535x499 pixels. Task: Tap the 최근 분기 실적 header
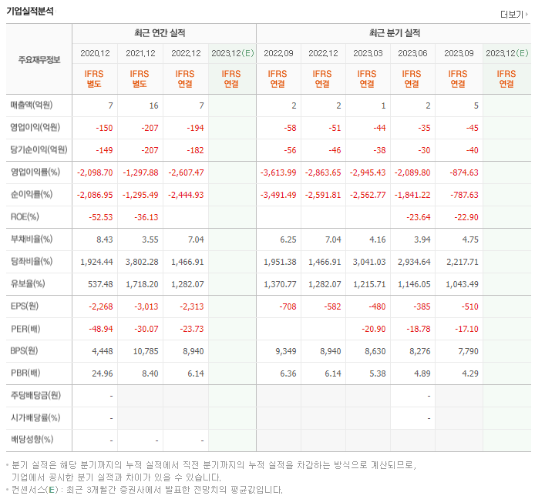pos(394,33)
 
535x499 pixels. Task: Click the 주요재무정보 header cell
pos(39,59)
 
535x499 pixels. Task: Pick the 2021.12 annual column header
pos(140,53)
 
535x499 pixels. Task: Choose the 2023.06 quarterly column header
pos(412,53)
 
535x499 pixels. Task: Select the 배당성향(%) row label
pos(31,440)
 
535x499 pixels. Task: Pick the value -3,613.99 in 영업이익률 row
pos(278,172)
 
